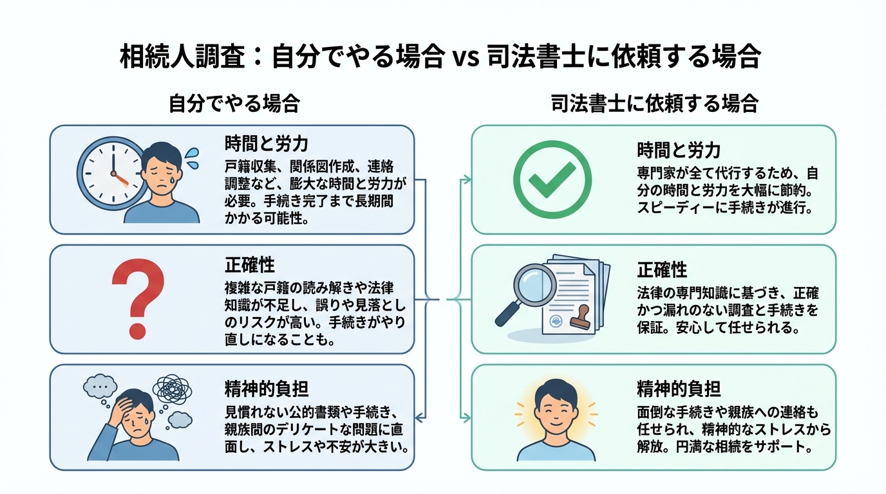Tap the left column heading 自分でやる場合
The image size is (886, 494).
(234, 104)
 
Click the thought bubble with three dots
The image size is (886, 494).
(100, 388)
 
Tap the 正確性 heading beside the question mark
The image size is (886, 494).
(249, 264)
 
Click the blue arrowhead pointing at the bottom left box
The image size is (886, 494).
(419, 418)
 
